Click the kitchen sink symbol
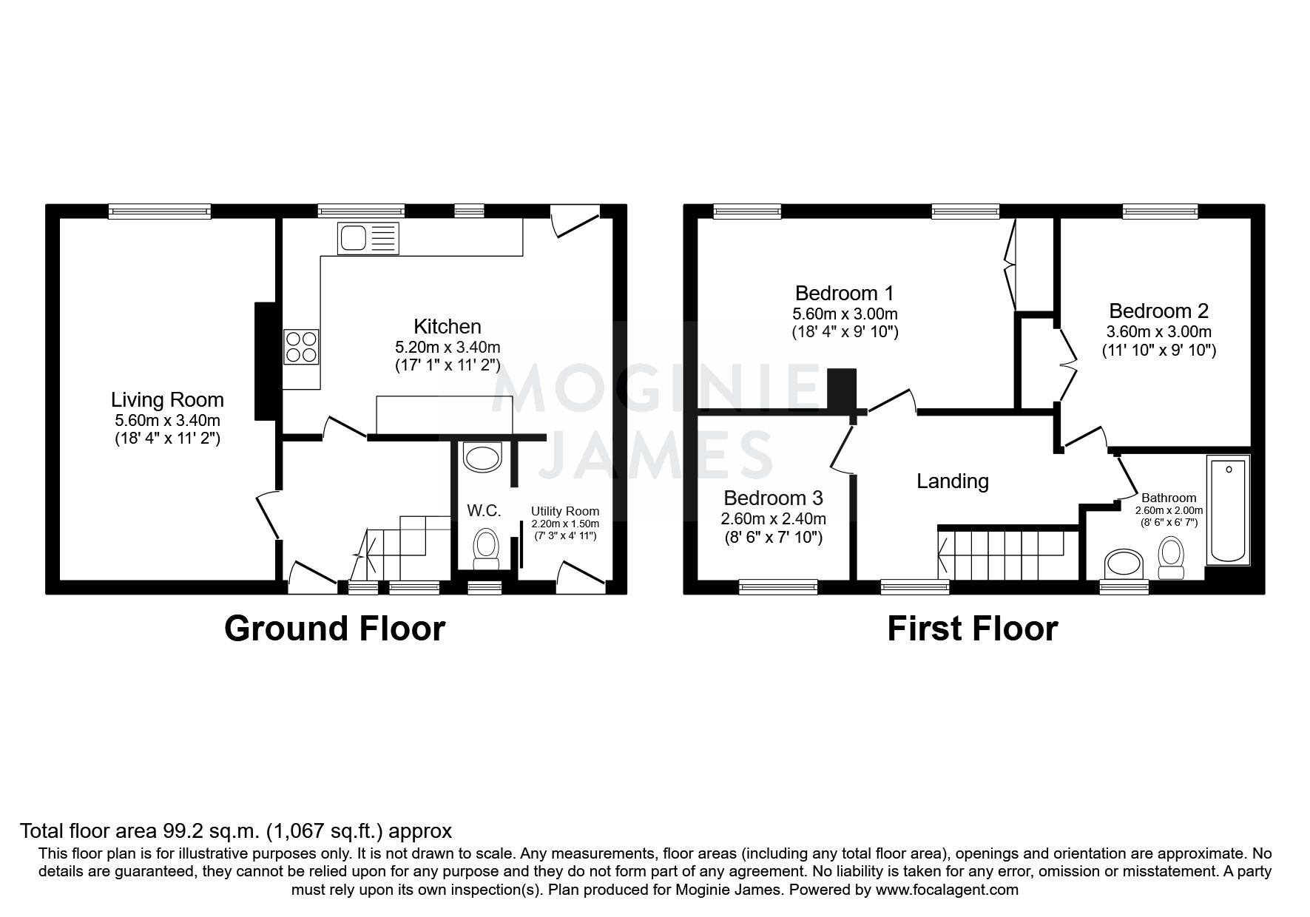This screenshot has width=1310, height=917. click(368, 238)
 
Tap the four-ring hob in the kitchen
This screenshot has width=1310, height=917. click(301, 347)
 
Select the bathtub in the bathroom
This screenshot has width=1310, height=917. click(1228, 510)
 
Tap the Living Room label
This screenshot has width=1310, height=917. click(167, 400)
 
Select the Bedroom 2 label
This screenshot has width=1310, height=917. click(1158, 311)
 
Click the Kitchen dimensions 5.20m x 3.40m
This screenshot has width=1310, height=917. click(447, 347)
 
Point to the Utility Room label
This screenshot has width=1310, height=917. click(564, 511)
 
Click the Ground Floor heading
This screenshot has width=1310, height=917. click(334, 629)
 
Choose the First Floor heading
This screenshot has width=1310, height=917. click(972, 629)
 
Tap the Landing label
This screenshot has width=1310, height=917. click(952, 481)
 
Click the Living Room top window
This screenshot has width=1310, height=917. click(160, 212)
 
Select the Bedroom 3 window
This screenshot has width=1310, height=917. click(777, 586)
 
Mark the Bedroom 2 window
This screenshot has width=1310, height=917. click(1159, 212)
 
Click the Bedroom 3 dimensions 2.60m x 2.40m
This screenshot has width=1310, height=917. click(773, 518)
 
